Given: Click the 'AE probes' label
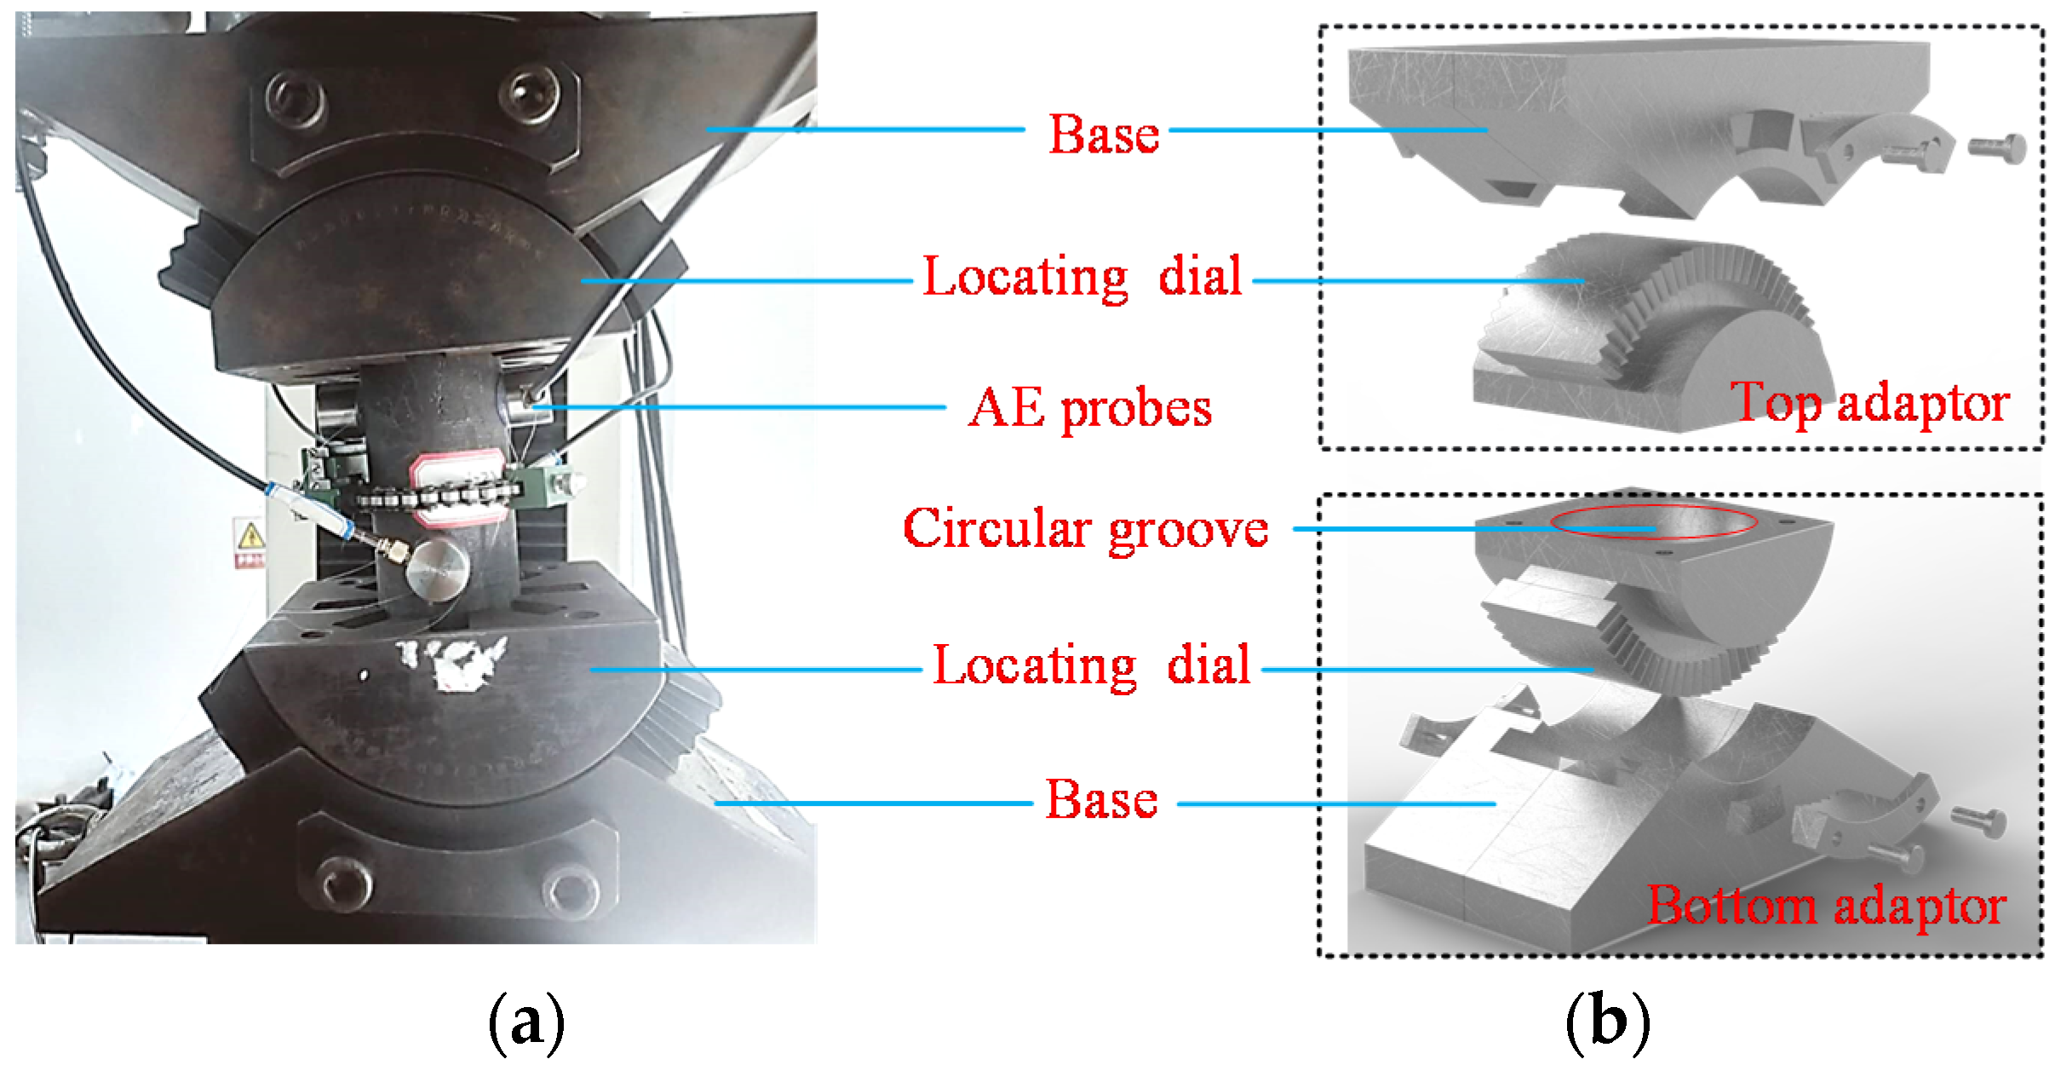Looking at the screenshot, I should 1089,408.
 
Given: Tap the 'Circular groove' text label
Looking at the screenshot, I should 1086,529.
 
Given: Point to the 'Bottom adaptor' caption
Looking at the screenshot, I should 1827,905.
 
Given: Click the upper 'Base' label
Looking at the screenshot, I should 1104,134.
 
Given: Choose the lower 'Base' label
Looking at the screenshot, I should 1101,799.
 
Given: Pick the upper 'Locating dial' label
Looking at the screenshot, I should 1082,277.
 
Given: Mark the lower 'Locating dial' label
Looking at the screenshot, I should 1092,665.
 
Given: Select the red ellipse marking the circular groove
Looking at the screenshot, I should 1652,523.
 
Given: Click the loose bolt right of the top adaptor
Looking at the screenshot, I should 1997,149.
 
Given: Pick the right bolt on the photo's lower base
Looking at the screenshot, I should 563,891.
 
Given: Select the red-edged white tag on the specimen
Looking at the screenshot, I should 456,486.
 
